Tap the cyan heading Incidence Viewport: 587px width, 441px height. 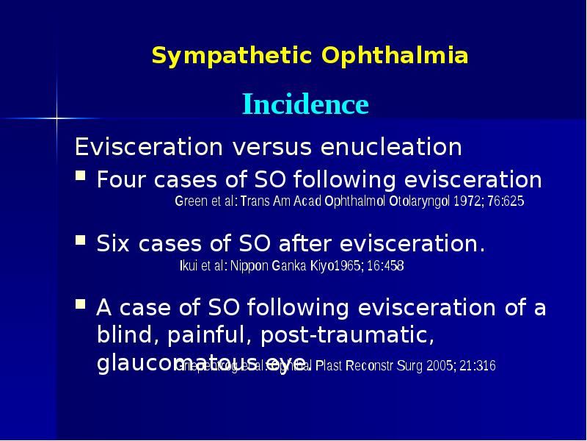[x=305, y=104]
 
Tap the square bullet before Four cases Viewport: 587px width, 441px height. [x=81, y=178]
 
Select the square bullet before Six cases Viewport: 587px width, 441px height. [x=81, y=241]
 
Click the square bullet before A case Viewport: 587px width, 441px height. [x=81, y=304]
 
